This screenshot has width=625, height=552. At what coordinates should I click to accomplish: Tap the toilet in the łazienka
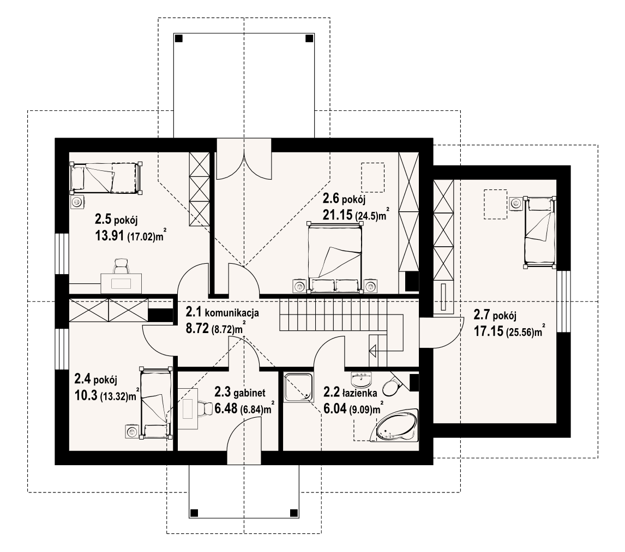[x=391, y=387]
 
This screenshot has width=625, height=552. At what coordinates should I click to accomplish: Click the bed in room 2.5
[x=105, y=177]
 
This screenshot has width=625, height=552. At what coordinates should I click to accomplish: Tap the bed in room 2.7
[x=540, y=232]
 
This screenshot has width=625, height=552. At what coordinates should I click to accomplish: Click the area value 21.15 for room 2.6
[x=337, y=216]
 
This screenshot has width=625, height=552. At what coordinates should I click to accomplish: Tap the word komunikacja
[x=231, y=313]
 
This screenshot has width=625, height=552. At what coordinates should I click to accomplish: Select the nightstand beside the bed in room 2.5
[x=77, y=202]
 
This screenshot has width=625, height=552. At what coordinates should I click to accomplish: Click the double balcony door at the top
[x=244, y=158]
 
